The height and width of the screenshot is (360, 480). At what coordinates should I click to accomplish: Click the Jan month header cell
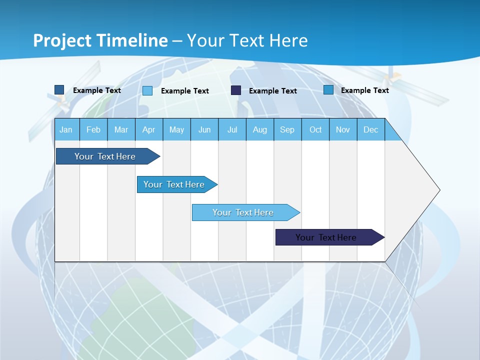coord(66,129)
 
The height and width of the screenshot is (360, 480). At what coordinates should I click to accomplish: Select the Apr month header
coord(149,129)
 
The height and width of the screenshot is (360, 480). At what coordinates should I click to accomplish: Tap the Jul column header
coord(232,129)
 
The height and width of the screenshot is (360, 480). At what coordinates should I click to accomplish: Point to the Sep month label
coord(287,129)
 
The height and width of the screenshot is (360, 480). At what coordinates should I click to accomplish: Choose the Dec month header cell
coord(370,129)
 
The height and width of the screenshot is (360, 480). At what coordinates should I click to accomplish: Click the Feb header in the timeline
coord(93,129)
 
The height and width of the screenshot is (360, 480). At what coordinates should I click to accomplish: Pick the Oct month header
coord(315,129)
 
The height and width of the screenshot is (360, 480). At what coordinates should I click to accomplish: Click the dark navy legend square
coord(236,90)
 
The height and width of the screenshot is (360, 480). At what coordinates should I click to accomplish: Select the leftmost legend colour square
coord(59,90)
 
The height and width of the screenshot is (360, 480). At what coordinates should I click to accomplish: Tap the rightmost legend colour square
coord(328,90)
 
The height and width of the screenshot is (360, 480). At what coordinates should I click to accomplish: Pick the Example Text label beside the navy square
coord(273,91)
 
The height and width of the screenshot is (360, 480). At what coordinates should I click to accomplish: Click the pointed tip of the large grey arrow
coord(438,190)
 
